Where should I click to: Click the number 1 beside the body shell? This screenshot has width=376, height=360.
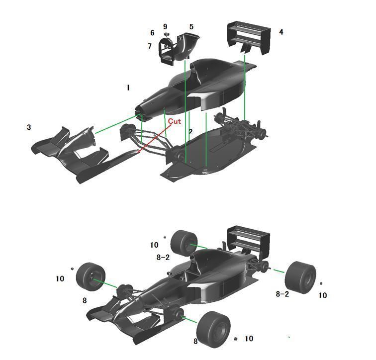(x=128, y=88)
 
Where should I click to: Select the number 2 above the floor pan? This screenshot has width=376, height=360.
(x=190, y=132)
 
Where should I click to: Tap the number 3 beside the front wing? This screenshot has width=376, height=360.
(x=29, y=127)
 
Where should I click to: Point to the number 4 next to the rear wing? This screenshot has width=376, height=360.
(x=281, y=32)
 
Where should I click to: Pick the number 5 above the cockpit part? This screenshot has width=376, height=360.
(x=191, y=26)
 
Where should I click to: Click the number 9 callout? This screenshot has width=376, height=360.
(x=165, y=26)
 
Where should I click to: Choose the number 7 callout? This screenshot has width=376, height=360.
(x=149, y=46)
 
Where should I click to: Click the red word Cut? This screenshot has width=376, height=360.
(x=174, y=121)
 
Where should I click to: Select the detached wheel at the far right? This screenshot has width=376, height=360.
(x=301, y=277)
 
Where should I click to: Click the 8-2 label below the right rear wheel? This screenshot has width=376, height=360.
(x=282, y=294)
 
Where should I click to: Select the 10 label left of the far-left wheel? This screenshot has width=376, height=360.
(x=60, y=279)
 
